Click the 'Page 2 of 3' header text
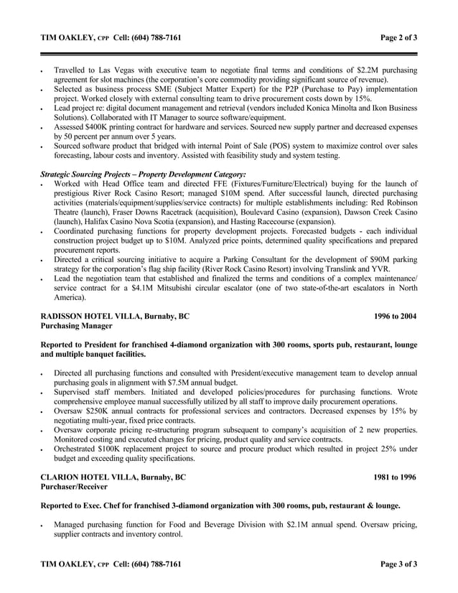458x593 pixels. click(399, 37)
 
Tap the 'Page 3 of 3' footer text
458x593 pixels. click(399, 564)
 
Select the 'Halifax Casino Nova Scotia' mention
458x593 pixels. click(118, 222)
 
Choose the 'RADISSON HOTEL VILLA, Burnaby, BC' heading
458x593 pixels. click(116, 315)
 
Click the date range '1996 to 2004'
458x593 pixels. click(395, 315)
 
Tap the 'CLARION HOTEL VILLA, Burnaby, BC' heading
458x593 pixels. click(113, 476)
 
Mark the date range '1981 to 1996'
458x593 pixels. click(395, 476)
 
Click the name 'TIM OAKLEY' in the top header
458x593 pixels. click(65, 37)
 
